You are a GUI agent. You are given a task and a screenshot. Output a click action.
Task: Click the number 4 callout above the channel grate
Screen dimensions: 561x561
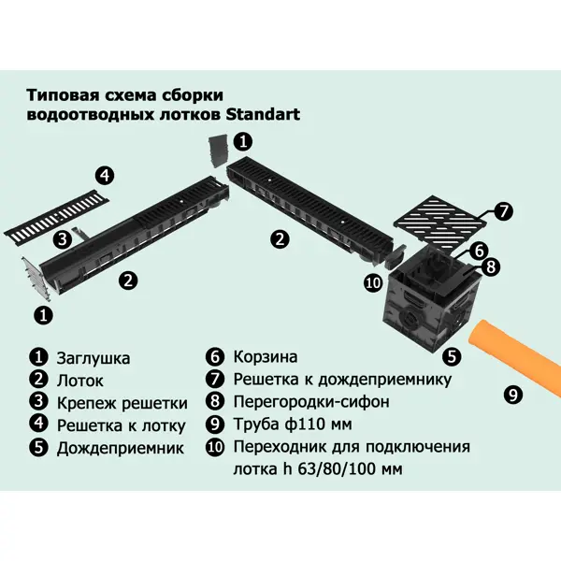[x=105, y=176]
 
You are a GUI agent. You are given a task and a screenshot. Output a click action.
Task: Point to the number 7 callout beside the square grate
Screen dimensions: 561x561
[x=503, y=211]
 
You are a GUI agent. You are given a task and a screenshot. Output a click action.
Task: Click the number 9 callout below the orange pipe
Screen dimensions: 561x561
[x=513, y=395]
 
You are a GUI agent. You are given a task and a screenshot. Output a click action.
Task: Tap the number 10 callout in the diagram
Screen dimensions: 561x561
[x=373, y=283]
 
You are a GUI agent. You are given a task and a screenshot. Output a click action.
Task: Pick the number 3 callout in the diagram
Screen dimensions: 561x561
[x=63, y=238]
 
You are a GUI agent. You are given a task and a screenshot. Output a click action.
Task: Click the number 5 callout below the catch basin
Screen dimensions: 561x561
[x=452, y=356]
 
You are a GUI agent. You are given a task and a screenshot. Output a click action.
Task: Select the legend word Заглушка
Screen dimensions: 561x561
[x=93, y=358]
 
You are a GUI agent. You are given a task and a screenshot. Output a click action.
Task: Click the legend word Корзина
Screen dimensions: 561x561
[x=266, y=357]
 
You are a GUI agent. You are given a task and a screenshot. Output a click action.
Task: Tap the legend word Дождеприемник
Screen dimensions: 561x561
[x=121, y=449]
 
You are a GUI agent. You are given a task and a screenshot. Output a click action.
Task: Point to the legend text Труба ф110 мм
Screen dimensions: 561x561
[x=293, y=424]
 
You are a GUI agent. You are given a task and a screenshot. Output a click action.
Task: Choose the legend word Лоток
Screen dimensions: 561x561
[x=80, y=381]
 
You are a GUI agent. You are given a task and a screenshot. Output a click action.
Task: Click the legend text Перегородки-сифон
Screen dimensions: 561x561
[x=311, y=402]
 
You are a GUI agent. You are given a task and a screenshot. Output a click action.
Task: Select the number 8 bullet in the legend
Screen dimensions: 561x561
[x=215, y=401]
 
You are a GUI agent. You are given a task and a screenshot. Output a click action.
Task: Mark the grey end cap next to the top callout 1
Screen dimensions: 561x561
[x=218, y=151]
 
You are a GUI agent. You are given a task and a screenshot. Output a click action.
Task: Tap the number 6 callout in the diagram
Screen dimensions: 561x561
[x=480, y=252]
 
